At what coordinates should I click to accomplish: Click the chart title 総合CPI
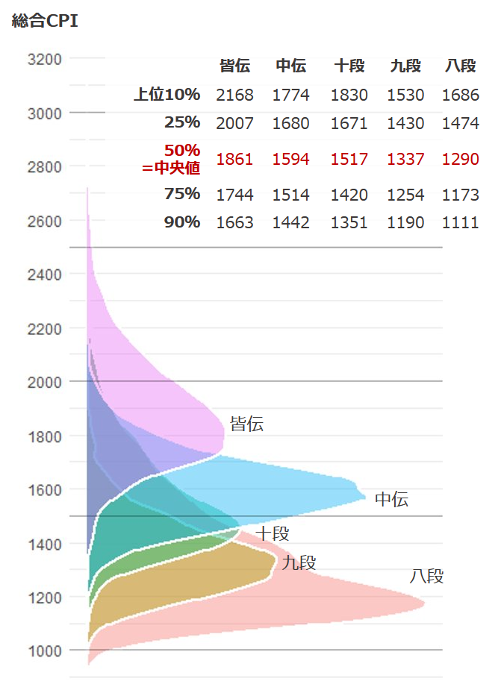click(x=45, y=21)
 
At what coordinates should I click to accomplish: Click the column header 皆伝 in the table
click(x=235, y=66)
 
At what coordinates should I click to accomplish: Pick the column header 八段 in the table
click(x=460, y=66)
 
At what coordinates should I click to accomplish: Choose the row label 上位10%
click(x=167, y=95)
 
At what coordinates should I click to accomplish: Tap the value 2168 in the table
click(x=235, y=95)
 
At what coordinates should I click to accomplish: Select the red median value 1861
click(x=235, y=159)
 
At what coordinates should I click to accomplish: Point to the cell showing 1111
click(x=460, y=222)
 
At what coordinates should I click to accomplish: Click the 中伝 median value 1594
click(x=291, y=159)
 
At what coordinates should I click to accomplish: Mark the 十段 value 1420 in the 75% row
click(x=349, y=195)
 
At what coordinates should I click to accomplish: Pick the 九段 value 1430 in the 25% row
click(x=405, y=124)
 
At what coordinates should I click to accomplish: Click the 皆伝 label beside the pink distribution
click(x=246, y=425)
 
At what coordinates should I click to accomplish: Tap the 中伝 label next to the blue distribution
click(x=391, y=500)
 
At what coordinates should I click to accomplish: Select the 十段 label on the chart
click(x=272, y=533)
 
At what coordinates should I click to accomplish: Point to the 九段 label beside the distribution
click(x=299, y=563)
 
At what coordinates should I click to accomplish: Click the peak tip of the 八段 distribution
click(x=423, y=603)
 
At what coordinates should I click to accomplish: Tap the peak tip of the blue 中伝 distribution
click(x=364, y=496)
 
